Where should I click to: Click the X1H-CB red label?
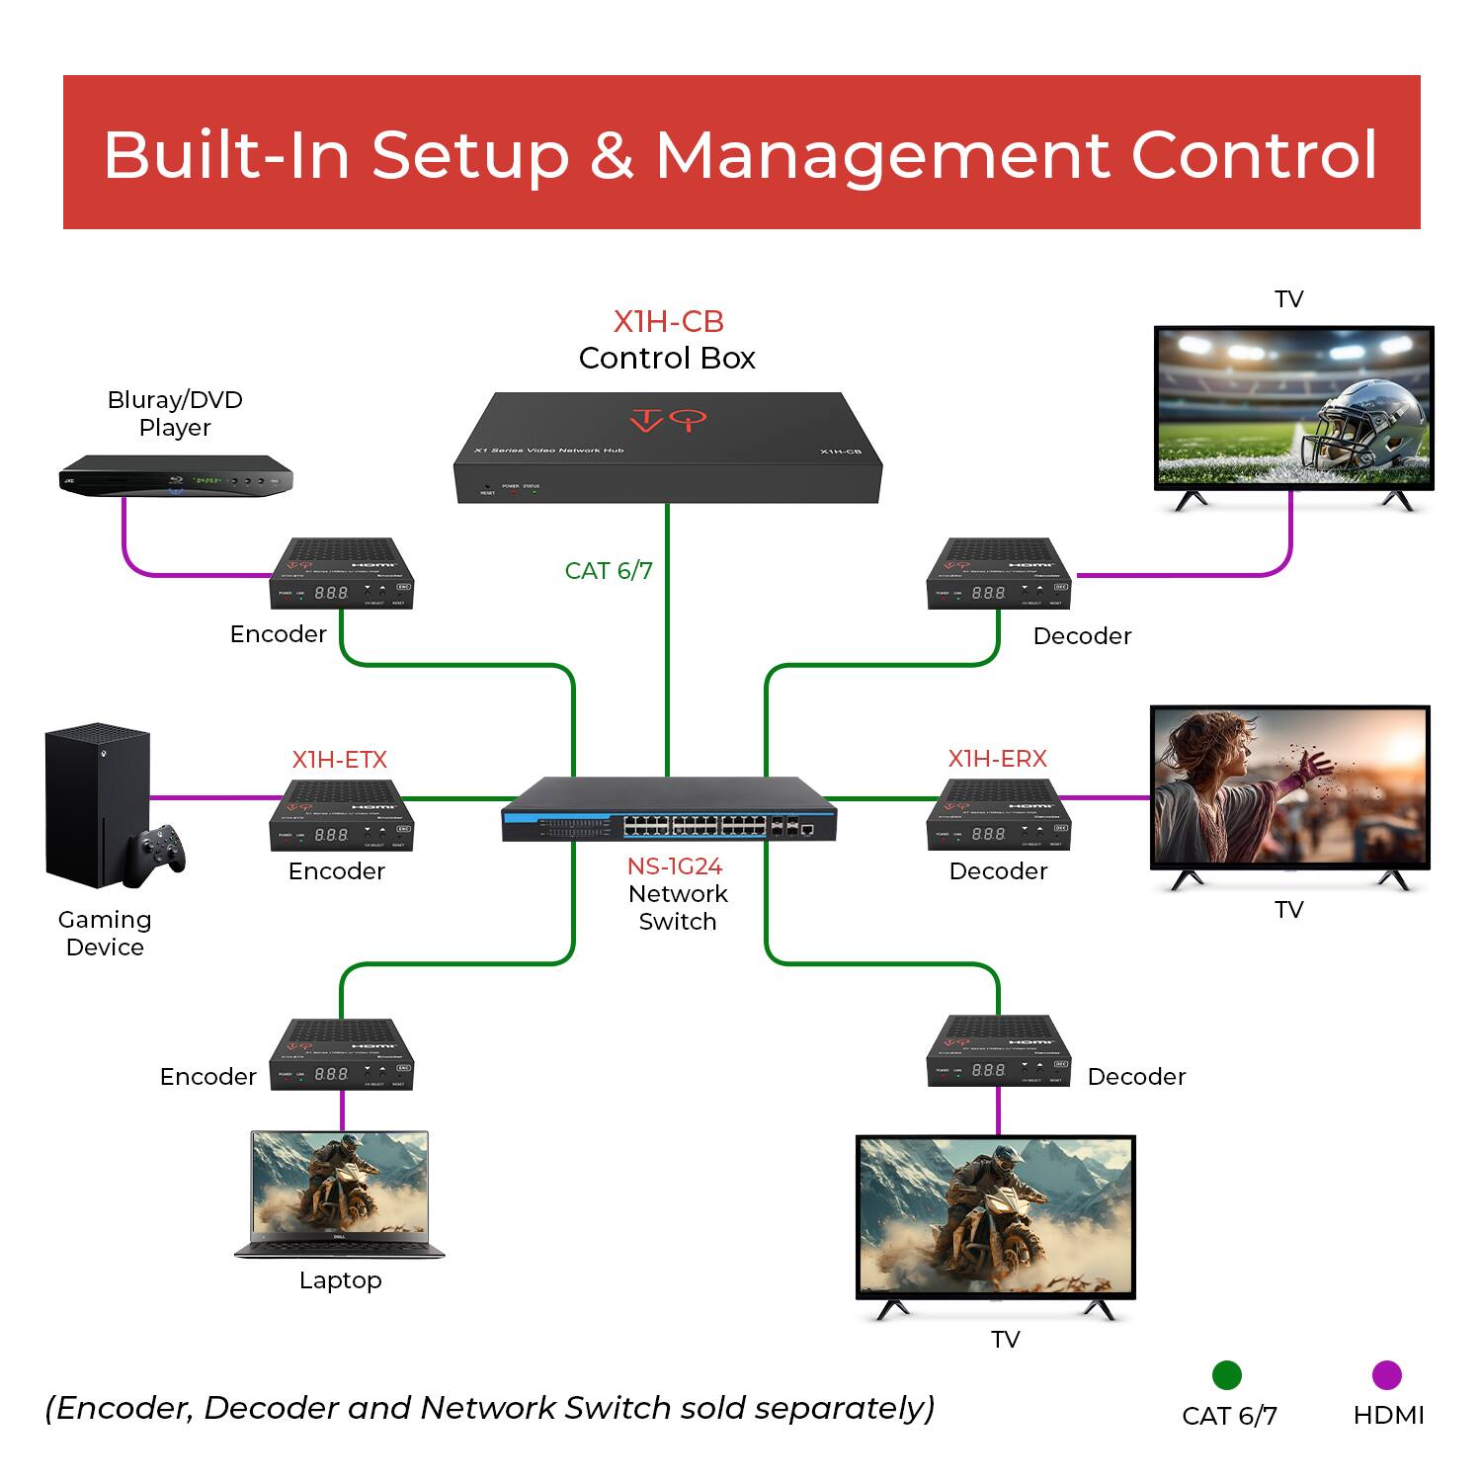[668, 322]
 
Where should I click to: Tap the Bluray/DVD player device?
[176, 476]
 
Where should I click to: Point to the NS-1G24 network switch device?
[668, 810]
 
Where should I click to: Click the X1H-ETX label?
[339, 760]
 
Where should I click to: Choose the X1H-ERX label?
[997, 759]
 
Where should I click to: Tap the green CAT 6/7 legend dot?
[1226, 1374]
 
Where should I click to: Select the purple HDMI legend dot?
[1387, 1374]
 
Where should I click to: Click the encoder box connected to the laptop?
[342, 1055]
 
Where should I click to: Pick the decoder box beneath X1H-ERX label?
[998, 816]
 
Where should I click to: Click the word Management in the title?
[882, 154]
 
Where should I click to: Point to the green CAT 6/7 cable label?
[609, 571]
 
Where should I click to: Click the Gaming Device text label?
[105, 933]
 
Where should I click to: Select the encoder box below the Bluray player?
[342, 575]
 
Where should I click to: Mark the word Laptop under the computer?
[340, 1280]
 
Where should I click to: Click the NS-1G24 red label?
[675, 866]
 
